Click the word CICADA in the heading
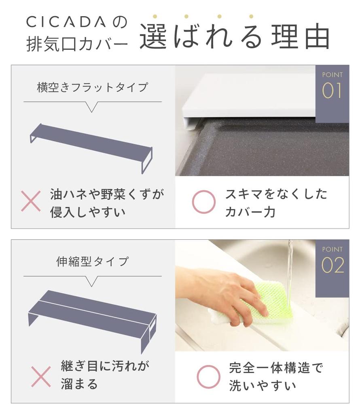67,22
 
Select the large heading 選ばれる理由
235,38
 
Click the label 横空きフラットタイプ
92,87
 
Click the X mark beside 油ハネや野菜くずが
31,201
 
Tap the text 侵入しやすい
88,212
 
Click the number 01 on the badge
332,91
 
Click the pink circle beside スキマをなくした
203,201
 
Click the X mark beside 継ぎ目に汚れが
41,376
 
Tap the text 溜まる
79,384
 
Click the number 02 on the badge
332,266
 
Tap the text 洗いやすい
263,386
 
